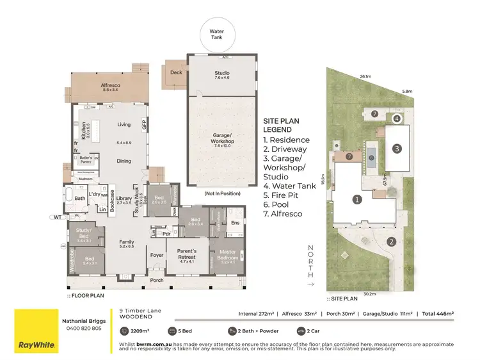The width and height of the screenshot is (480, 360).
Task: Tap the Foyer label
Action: point(157,255)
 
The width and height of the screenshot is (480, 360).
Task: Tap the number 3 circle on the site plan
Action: point(397,149)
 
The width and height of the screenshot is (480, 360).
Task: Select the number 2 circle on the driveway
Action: point(391,241)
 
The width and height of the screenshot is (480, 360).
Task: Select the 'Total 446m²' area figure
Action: point(437,313)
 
